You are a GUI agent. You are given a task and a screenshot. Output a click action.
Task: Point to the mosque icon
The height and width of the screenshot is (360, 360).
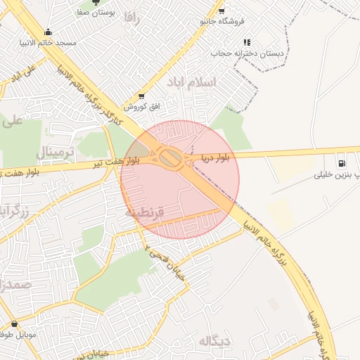click(x=48, y=32)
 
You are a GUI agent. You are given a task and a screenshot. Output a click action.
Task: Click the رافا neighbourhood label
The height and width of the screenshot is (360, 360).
click(x=131, y=19)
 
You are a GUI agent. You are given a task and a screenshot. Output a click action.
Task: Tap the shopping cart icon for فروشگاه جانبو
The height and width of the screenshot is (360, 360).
click(x=221, y=11)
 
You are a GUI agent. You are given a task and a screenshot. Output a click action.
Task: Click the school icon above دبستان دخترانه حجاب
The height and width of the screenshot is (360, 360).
click(x=247, y=42)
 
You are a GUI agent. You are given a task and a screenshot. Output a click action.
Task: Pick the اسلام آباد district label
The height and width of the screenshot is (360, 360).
click(x=192, y=82)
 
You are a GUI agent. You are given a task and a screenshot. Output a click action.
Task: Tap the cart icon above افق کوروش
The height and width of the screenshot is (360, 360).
click(x=142, y=96)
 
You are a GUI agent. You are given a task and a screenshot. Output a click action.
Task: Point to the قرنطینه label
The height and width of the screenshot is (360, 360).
click(x=144, y=211)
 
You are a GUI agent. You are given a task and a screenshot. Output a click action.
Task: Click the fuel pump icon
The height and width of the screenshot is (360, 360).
click(x=342, y=160)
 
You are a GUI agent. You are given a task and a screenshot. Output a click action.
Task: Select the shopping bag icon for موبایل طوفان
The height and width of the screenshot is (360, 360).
click(x=14, y=323)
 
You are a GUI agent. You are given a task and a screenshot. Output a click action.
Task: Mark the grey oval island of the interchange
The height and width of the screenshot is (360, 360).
click(x=169, y=158)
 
